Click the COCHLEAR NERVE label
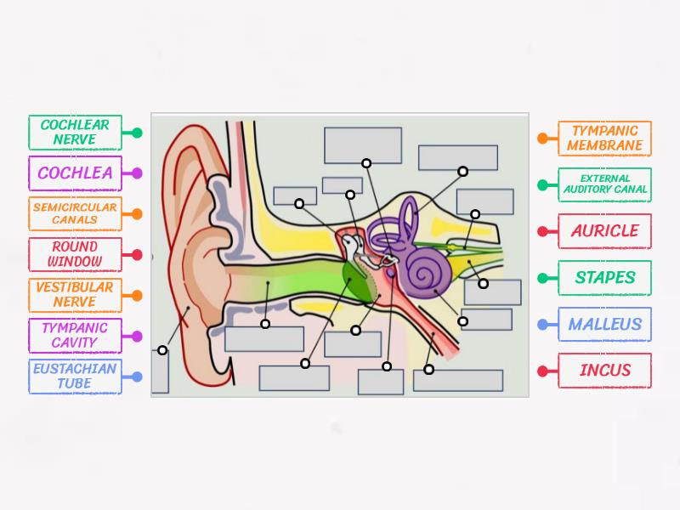click(75, 133)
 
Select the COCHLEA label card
click(75, 173)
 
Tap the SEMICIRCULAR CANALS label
click(75, 213)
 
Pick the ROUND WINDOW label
click(75, 254)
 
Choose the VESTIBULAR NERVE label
click(75, 295)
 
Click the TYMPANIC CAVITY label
click(75, 336)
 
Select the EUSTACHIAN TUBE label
click(75, 376)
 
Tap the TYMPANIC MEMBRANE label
click(604, 139)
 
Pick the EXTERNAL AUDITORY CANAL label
click(604, 184)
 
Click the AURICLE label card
click(604, 231)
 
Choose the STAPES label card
click(604, 278)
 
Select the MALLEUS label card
click(604, 324)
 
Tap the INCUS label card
click(604, 371)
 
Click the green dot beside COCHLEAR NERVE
click(136, 133)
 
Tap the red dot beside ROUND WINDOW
click(136, 254)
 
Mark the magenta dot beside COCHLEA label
click(136, 173)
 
